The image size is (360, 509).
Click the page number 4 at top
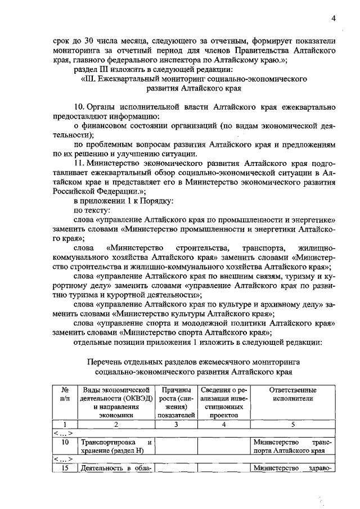click(x=333, y=19)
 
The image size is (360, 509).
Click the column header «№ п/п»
click(x=64, y=394)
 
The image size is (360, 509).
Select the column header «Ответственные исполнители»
click(x=292, y=394)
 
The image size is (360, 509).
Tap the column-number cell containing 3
click(x=176, y=425)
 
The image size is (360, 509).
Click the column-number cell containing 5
click(x=292, y=425)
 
